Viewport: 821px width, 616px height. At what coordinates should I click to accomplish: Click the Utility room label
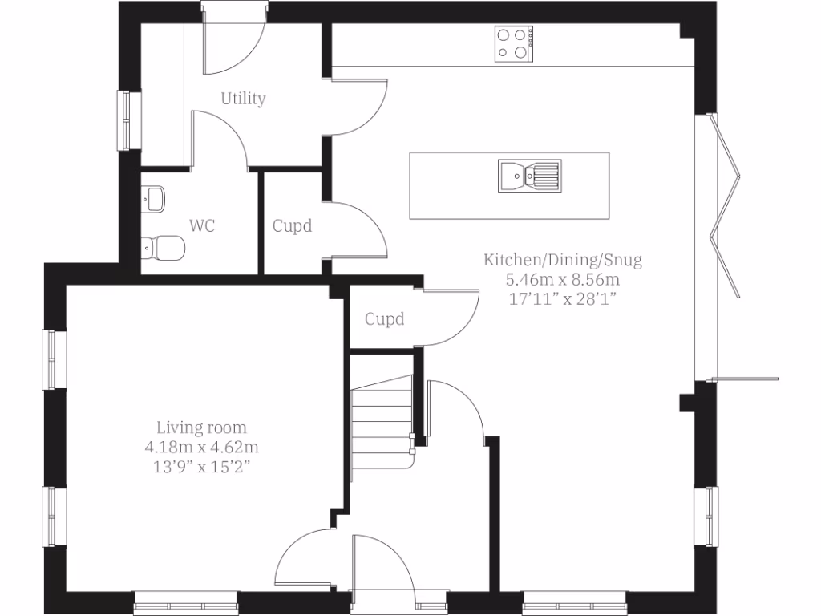point(243,99)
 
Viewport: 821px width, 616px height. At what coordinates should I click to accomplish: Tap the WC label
point(202,226)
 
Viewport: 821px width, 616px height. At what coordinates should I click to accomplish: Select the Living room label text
point(201,428)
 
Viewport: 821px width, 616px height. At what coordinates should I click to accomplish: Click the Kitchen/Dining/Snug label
point(562,260)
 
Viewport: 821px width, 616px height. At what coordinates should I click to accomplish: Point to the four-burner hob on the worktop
point(514,43)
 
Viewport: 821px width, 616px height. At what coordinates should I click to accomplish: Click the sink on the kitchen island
point(529,175)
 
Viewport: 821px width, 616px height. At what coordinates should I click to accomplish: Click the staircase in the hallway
point(382,421)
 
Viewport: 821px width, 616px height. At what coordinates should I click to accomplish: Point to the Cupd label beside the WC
point(292,226)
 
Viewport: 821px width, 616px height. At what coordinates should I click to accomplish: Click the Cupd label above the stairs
point(385,319)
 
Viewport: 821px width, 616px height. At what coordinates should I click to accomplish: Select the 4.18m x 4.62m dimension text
point(201,447)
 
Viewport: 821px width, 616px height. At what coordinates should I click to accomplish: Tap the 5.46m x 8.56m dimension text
point(562,280)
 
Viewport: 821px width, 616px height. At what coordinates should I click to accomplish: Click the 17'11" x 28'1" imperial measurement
point(562,299)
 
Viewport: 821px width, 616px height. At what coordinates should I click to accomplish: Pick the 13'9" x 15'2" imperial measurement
point(201,466)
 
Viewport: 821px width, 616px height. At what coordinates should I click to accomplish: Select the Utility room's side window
point(127,120)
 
